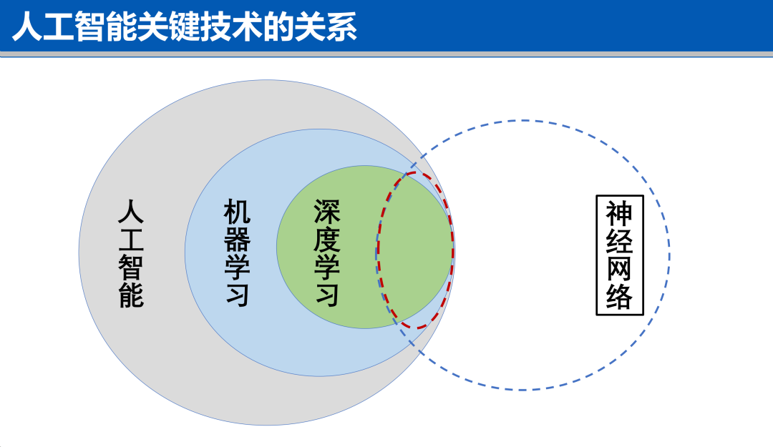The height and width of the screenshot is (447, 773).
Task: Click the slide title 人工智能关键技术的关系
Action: click(185, 26)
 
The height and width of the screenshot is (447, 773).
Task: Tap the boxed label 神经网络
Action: click(620, 255)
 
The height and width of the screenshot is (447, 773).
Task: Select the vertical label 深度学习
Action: click(327, 253)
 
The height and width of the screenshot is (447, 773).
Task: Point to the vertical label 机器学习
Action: click(237, 253)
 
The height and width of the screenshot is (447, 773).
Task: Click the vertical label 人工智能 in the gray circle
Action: click(131, 253)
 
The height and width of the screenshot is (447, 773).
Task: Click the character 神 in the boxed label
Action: click(620, 213)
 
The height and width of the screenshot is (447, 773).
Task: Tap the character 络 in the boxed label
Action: click(620, 296)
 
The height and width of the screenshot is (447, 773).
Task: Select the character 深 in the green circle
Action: click(327, 212)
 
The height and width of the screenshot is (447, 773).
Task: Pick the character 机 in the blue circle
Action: click(237, 212)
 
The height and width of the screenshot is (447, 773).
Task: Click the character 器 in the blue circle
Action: click(237, 240)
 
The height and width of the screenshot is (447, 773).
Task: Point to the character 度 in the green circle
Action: click(327, 240)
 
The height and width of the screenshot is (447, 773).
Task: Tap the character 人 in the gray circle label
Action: click(131, 212)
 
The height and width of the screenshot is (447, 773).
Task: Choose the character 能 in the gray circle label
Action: click(131, 295)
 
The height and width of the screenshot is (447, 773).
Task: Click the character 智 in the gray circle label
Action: click(131, 267)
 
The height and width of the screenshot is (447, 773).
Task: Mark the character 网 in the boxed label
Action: click(620, 269)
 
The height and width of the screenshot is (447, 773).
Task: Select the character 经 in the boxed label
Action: click(620, 240)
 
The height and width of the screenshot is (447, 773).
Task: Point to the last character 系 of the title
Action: click(341, 26)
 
